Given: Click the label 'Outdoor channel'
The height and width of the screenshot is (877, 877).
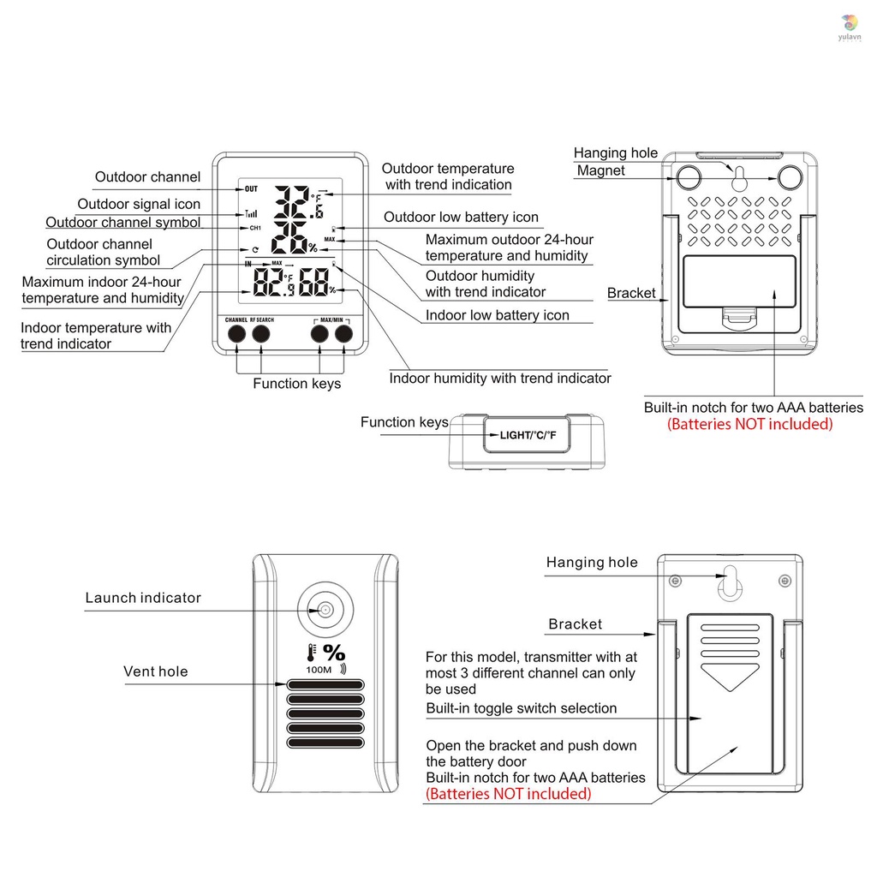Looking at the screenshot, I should coord(147,177).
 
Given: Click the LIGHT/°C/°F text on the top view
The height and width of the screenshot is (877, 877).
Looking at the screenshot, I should coord(528,435).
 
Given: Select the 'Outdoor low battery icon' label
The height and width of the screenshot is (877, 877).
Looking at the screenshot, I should coord(461,218).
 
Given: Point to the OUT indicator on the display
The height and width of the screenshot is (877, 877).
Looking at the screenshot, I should coord(251,188).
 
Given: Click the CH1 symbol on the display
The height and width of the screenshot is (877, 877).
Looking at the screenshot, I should coord(255,229).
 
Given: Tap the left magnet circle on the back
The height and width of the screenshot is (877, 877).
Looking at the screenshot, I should coord(689,176).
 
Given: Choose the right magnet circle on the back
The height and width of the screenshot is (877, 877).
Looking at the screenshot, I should coord(790,176).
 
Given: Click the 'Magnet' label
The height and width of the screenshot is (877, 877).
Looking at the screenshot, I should coord(601,170).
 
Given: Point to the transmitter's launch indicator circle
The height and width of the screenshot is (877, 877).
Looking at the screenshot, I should coord(325,610).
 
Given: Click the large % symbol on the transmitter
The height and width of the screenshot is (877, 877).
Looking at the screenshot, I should coord(334,653).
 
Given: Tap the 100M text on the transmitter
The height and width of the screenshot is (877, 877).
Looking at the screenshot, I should coord(318,669).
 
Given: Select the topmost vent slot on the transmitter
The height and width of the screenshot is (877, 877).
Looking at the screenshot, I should coord(325,685).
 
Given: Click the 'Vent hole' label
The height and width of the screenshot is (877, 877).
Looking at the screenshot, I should coord(156,671).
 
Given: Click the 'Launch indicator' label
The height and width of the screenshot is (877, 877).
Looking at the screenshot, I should coord(143,598).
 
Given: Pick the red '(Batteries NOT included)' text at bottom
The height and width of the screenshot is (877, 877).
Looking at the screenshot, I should coord(508,794).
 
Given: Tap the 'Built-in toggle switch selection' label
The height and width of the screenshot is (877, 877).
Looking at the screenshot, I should coord(521,708).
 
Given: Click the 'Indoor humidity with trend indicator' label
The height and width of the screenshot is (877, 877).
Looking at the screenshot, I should coord(500,378).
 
